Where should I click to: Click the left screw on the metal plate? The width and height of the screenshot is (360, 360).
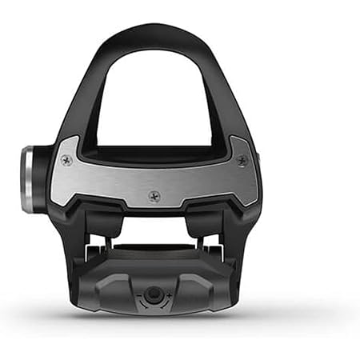[x=67, y=160]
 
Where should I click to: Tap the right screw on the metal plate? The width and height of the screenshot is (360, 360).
[x=242, y=160]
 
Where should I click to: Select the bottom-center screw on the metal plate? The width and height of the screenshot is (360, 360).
[x=154, y=195]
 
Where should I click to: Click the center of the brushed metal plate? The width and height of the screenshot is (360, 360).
[x=154, y=176]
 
